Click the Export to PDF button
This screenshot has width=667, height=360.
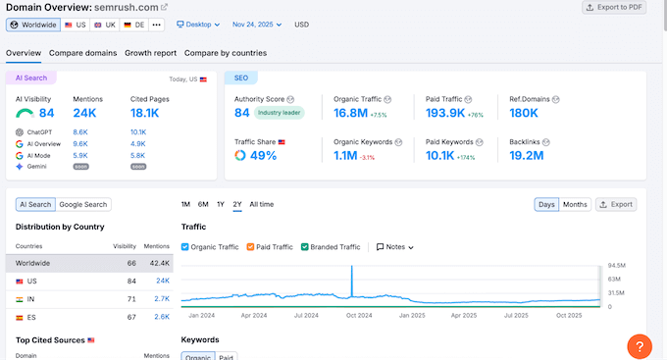point(615,8)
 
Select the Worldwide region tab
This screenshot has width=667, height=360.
point(33,25)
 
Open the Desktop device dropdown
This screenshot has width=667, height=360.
point(197,25)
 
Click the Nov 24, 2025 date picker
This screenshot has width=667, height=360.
point(257,25)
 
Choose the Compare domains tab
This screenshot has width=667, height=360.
point(83,52)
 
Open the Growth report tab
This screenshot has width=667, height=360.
point(150,52)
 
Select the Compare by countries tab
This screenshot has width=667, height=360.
point(225,52)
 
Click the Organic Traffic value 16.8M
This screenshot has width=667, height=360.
point(350,113)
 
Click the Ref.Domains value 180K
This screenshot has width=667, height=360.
point(531,113)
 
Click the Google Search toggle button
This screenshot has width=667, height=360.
point(83,204)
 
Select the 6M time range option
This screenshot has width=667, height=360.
point(203,204)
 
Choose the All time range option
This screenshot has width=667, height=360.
point(262,204)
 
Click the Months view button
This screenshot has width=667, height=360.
point(575,204)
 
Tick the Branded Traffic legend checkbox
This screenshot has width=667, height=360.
point(305,247)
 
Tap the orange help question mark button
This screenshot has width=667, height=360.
point(639,344)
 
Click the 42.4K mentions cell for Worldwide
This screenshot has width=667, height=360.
point(157,263)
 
